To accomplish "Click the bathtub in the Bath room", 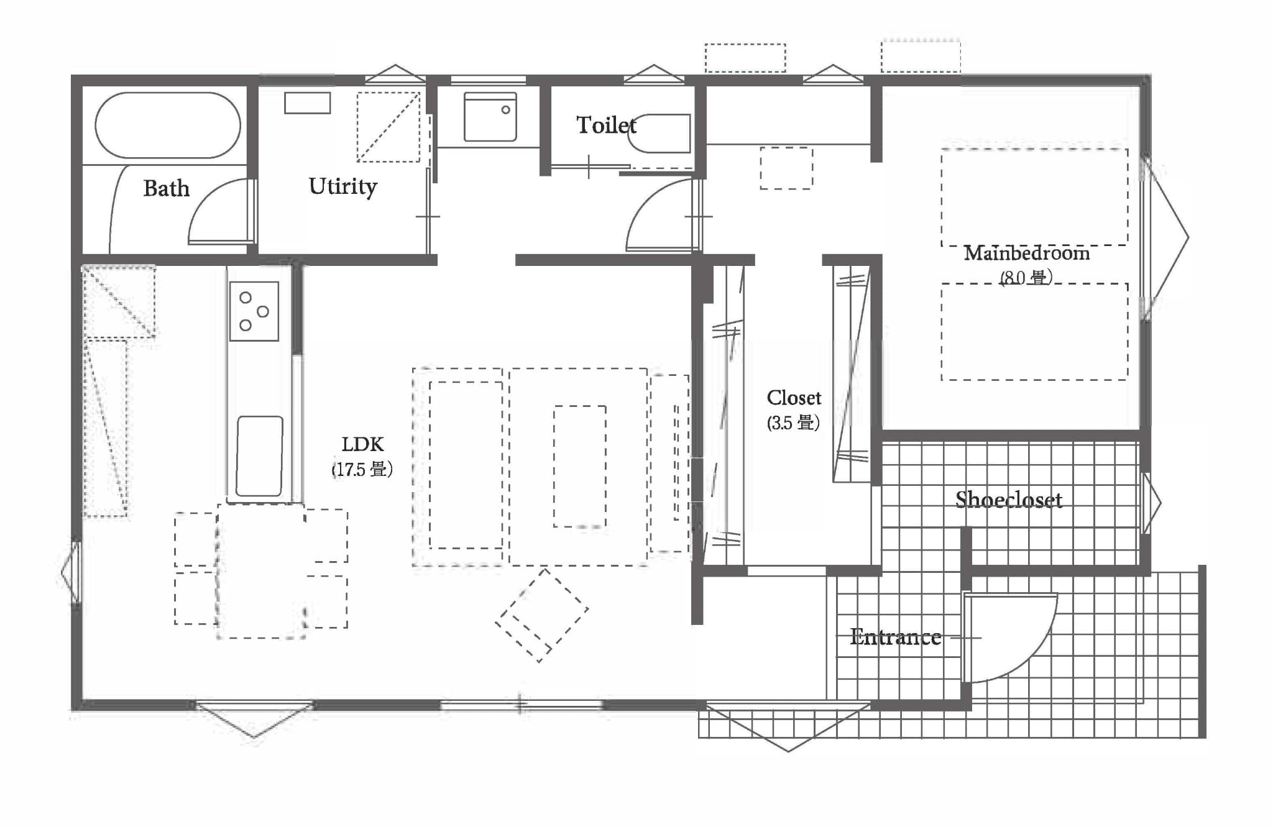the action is (168, 125).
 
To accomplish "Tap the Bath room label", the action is (166, 188).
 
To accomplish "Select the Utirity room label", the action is (342, 186).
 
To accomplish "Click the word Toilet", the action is (606, 125).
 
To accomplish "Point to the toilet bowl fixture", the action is (659, 133).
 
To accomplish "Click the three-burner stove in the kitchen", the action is (254, 311).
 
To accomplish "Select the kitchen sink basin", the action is (260, 456).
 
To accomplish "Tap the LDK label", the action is (362, 444).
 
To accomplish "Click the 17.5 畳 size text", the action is (362, 469).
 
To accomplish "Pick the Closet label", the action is (794, 398).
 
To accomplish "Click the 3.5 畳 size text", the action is (793, 423).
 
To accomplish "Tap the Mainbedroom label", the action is (1027, 254).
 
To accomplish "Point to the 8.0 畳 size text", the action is (1026, 277).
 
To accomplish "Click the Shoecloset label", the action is (1009, 500).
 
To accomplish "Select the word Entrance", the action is (896, 637).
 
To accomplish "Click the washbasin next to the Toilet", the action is (490, 117).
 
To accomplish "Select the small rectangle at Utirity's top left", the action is (307, 103).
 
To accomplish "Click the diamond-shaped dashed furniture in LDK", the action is (542, 615).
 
